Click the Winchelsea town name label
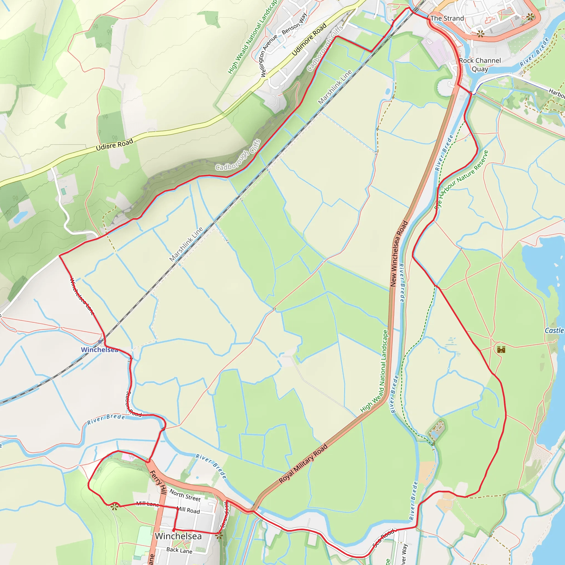(178, 536)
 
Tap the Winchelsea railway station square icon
(100, 342)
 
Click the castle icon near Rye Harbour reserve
(501, 349)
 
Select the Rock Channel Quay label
(480, 65)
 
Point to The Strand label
(447, 18)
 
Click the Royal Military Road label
(303, 464)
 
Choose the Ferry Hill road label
(158, 482)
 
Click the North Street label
(185, 495)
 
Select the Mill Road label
(189, 510)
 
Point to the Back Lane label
(179, 550)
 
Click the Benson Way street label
(294, 24)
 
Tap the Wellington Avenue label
(269, 55)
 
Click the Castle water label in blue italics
(554, 331)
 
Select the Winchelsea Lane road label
(82, 296)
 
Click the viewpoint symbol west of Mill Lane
(114, 507)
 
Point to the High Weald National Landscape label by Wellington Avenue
(252, 37)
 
